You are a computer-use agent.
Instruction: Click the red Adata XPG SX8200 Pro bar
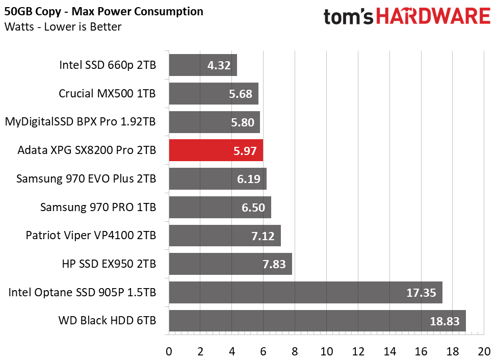(216, 150)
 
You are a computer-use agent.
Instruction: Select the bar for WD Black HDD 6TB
(317, 321)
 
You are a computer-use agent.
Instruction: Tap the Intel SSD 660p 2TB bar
(202, 65)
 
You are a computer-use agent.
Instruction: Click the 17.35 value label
(420, 293)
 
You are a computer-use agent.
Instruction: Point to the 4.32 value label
(219, 65)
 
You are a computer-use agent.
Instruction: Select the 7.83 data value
(274, 264)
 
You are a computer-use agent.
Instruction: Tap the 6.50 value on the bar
(253, 208)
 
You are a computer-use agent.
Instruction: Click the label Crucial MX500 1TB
(107, 93)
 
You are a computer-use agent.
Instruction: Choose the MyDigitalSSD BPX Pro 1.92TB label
(80, 122)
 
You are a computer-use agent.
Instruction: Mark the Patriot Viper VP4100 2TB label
(91, 236)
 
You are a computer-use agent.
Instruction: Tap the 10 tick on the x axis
(326, 351)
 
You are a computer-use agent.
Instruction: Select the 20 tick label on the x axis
(484, 351)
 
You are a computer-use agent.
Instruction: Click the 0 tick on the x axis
(169, 351)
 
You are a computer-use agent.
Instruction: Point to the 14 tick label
(389, 351)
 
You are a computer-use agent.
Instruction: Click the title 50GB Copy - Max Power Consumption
(103, 12)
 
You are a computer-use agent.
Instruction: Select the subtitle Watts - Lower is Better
(63, 27)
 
